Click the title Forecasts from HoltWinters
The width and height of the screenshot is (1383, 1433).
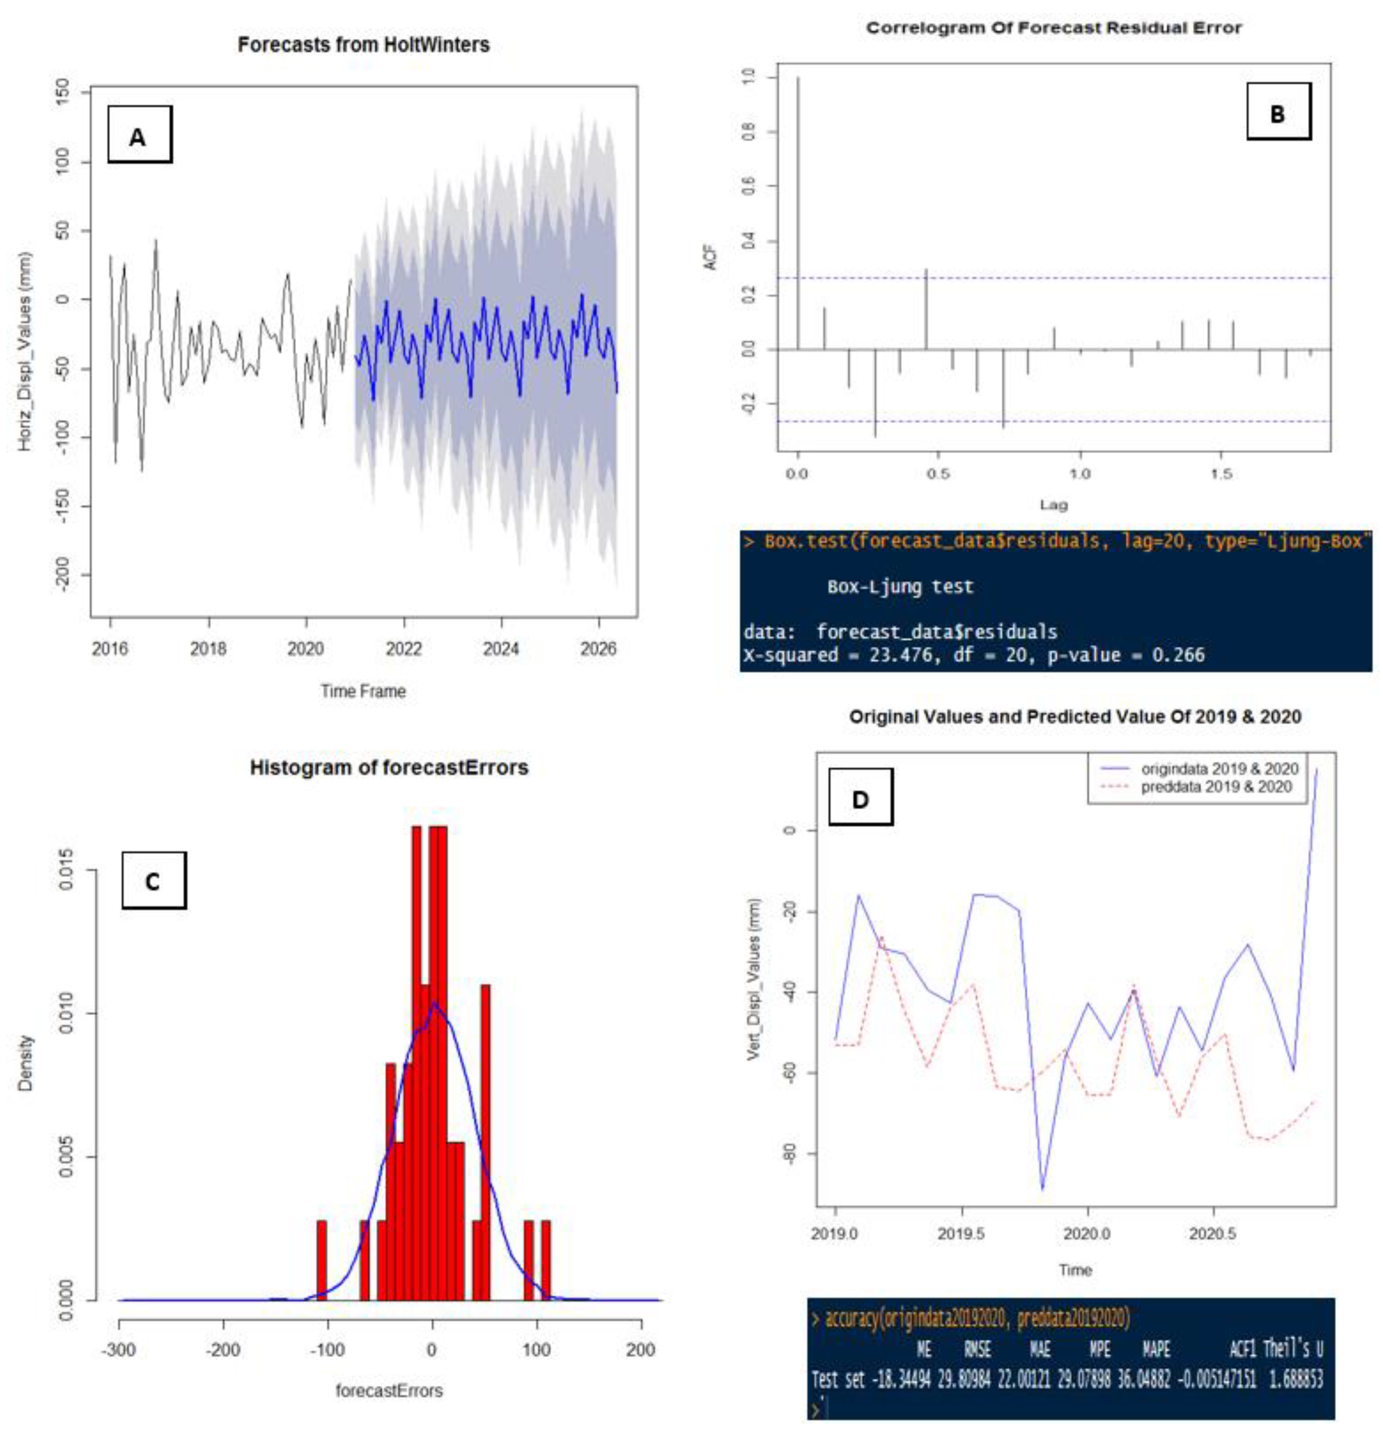tap(363, 45)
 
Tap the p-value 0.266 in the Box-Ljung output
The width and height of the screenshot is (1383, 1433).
tap(1178, 654)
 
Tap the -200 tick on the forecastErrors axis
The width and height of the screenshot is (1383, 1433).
tap(223, 1349)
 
